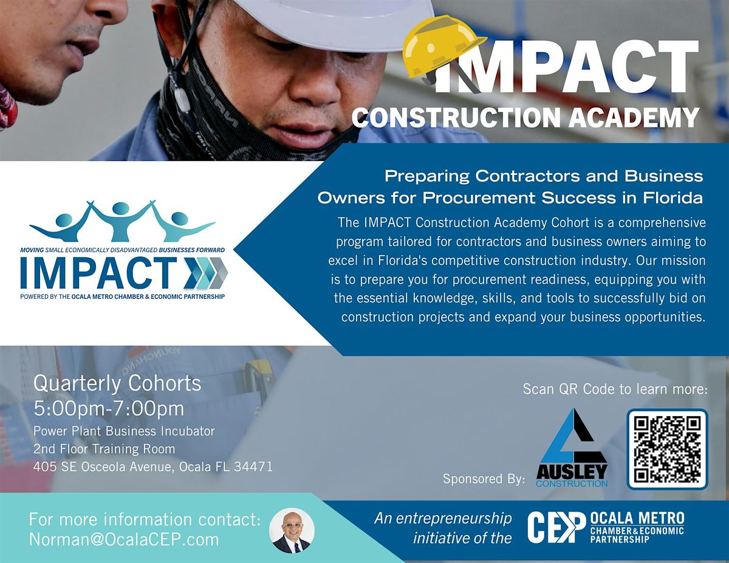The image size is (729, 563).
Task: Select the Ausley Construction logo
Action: coord(572,448)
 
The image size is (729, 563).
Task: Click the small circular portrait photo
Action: coord(292,530)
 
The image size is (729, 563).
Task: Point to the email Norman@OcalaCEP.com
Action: coord(124,539)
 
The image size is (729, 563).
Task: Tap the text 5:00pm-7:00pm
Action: coord(109,408)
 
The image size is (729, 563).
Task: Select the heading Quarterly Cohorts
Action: coord(117,383)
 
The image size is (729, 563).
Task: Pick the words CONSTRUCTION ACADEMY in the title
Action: coord(525,117)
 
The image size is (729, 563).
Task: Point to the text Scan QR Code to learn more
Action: coord(615,389)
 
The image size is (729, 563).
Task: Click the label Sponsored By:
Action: coord(484,479)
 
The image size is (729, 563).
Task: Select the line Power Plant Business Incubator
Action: coord(124,431)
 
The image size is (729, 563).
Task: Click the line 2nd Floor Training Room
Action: coord(104,449)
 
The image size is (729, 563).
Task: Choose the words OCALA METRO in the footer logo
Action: coord(637,519)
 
